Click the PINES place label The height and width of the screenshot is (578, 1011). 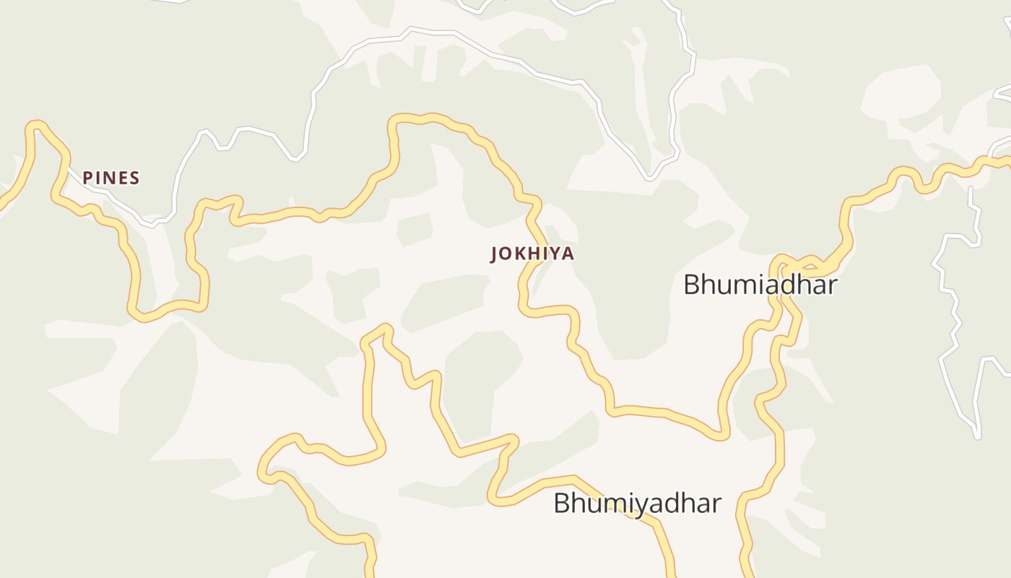coord(111,178)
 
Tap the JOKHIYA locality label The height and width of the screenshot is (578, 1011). coord(533,254)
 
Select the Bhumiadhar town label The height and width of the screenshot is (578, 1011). coord(760,285)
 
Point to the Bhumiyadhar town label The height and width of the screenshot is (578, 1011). coord(637,503)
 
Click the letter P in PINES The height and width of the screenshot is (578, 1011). coord(87,178)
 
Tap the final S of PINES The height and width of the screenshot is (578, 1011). coord(135,178)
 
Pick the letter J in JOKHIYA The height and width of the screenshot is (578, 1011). coord(495,254)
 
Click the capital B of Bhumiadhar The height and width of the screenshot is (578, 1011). coord(692,285)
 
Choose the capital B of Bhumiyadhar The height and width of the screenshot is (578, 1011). coord(562,503)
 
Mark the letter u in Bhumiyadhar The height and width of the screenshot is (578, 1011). coord(594,504)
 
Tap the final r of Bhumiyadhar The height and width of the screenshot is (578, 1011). coord(716,504)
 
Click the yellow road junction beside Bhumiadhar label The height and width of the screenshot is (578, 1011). coord(783,272)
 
